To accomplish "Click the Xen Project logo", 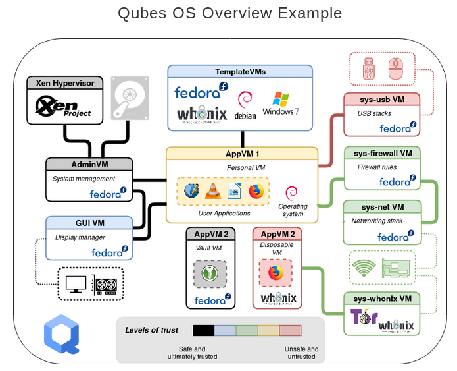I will [x=64, y=107].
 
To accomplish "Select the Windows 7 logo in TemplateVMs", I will [x=281, y=103].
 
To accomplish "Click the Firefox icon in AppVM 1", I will [x=256, y=191].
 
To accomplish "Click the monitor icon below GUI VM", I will [x=76, y=284].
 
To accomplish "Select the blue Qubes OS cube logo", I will [x=61, y=333].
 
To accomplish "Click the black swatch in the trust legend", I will [x=204, y=330].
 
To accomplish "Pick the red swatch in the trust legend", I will [x=290, y=330].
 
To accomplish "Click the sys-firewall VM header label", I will [x=382, y=154].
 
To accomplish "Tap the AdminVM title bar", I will [x=89, y=164].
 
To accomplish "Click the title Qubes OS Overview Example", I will [x=229, y=13].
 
